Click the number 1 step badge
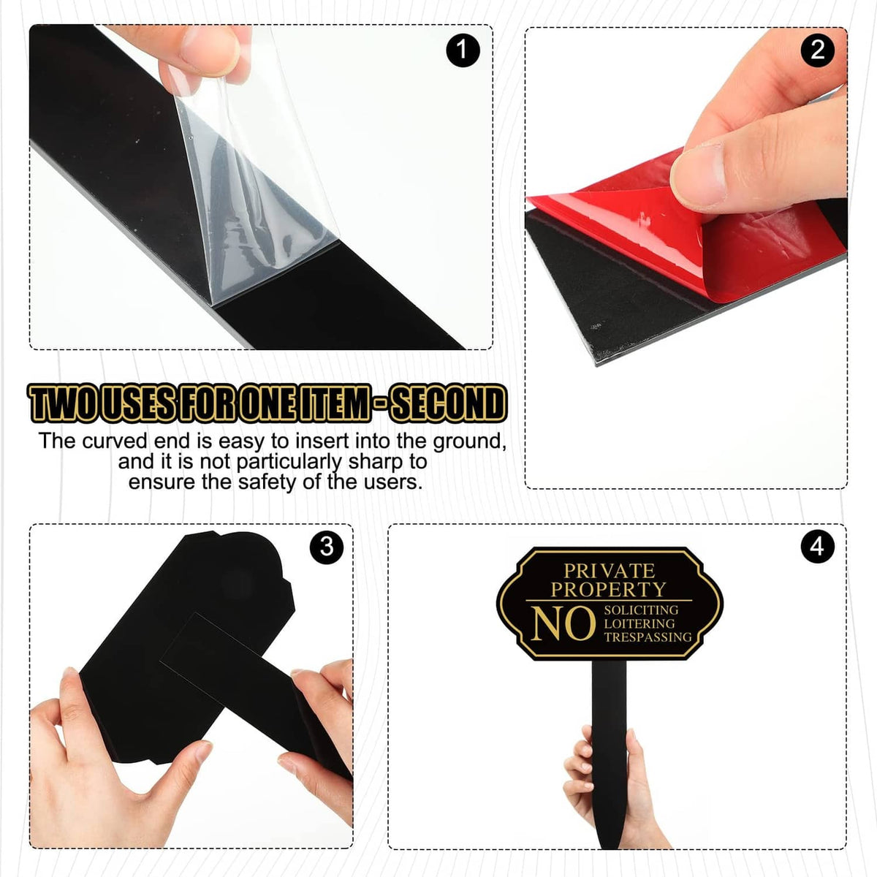click(463, 50)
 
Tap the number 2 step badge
click(817, 50)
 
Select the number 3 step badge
click(327, 547)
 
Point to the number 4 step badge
click(817, 547)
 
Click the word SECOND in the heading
click(448, 403)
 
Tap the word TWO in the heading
click(64, 403)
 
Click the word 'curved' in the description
click(115, 441)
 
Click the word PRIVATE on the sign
click(609, 571)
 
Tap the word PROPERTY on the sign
click(609, 590)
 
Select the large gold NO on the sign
click(563, 623)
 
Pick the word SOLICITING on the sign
click(641, 610)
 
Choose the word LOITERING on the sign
click(639, 623)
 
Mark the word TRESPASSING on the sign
click(648, 637)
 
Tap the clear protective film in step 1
click(255, 182)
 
